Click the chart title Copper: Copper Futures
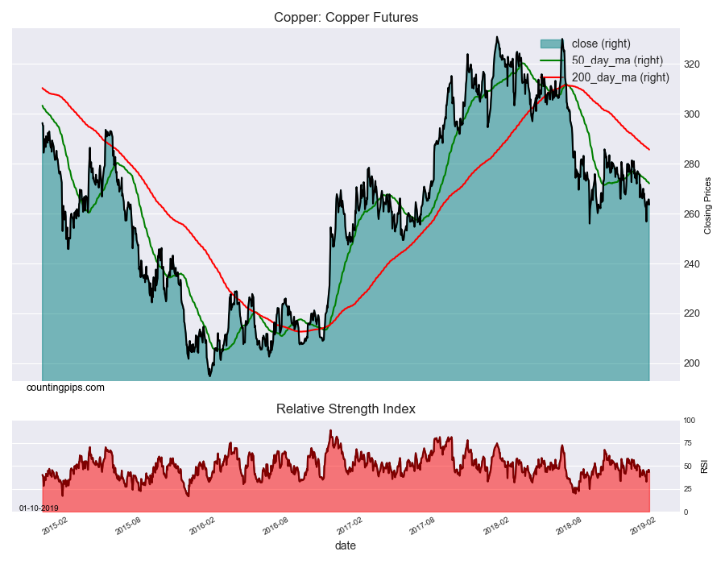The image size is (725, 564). (x=346, y=17)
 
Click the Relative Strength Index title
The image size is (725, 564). (x=346, y=408)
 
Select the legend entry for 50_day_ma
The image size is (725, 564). (x=617, y=60)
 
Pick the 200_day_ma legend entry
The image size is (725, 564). (x=620, y=77)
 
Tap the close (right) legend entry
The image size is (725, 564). (x=601, y=44)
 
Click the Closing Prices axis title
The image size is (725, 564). (x=709, y=205)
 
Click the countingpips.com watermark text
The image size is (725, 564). (x=65, y=388)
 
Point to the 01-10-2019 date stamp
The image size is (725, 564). (x=39, y=508)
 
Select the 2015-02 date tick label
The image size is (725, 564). (x=53, y=526)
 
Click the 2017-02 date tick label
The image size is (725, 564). (x=349, y=526)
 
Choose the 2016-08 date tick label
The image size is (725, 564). (x=275, y=526)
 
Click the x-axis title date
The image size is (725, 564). (x=346, y=545)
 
